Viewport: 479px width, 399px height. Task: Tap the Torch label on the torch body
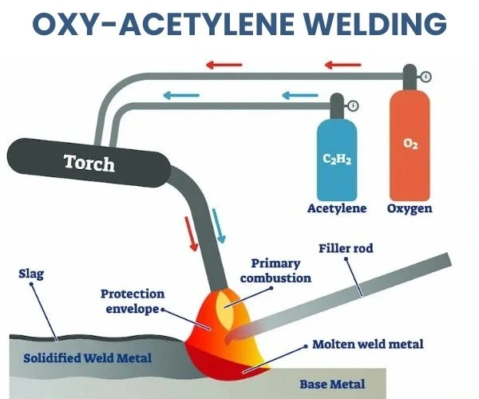pos(89,163)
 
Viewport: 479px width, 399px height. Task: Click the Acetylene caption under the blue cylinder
pos(336,208)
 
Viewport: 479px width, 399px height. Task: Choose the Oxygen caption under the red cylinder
pos(410,208)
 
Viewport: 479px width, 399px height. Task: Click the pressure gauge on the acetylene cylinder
pos(353,105)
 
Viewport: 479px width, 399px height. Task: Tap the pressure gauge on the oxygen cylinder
pos(426,77)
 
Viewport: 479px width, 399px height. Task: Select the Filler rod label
pos(346,249)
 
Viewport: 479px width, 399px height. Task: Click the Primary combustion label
pos(275,271)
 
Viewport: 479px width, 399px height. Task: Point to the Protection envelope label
pos(133,301)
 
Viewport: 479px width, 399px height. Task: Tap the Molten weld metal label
pos(368,344)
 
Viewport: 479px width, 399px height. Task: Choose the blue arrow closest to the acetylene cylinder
pos(295,96)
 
